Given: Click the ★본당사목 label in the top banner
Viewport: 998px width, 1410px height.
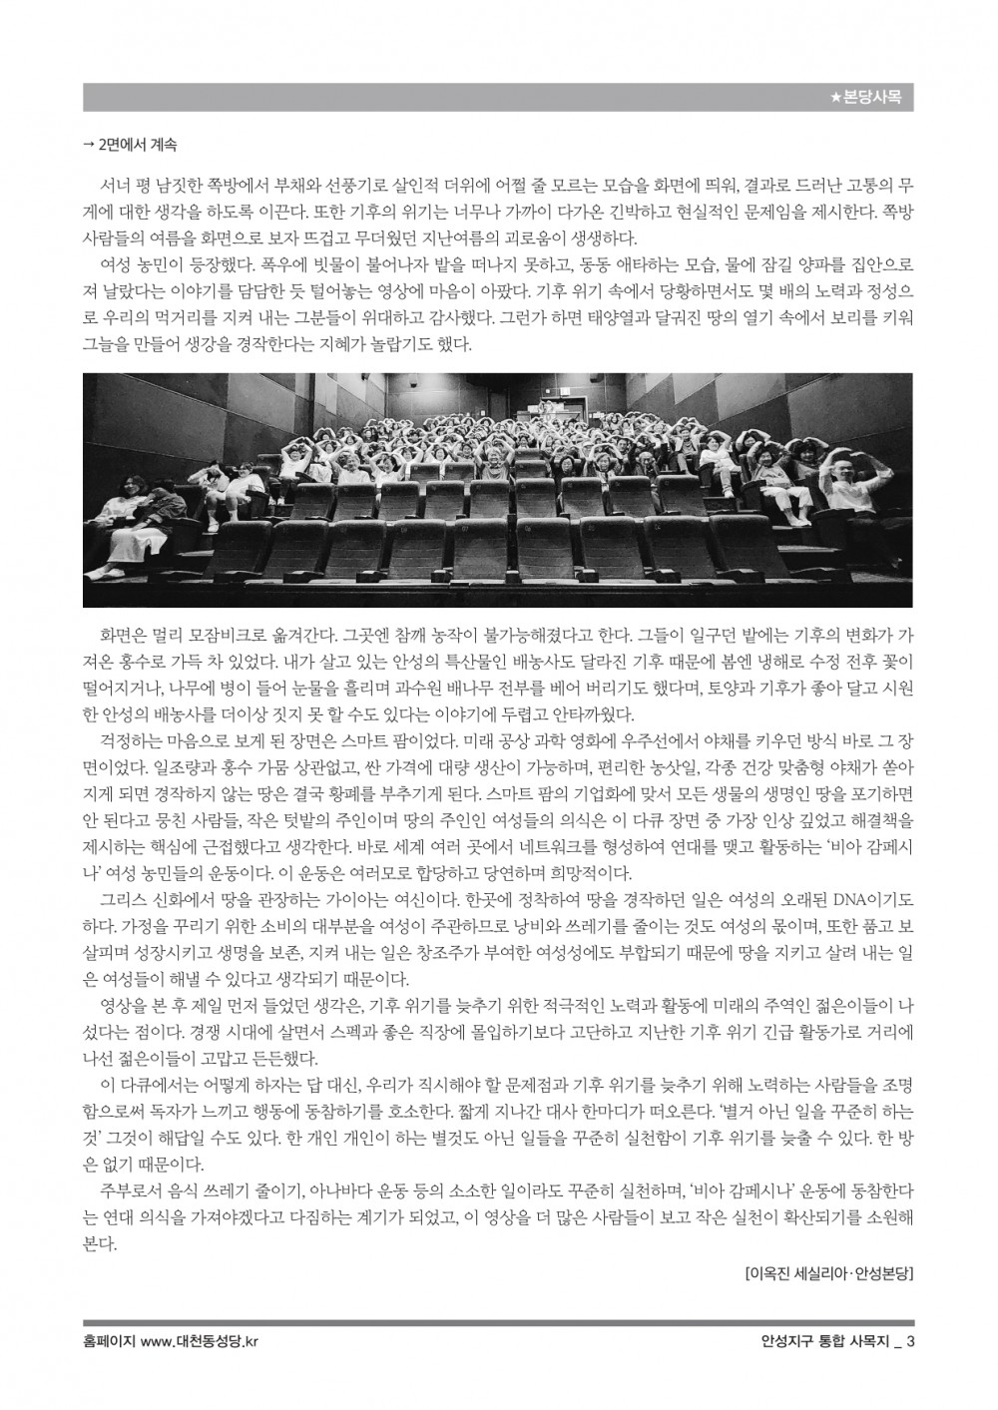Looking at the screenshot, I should (865, 98).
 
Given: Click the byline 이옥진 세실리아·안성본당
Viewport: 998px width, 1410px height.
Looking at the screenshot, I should (829, 1273).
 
